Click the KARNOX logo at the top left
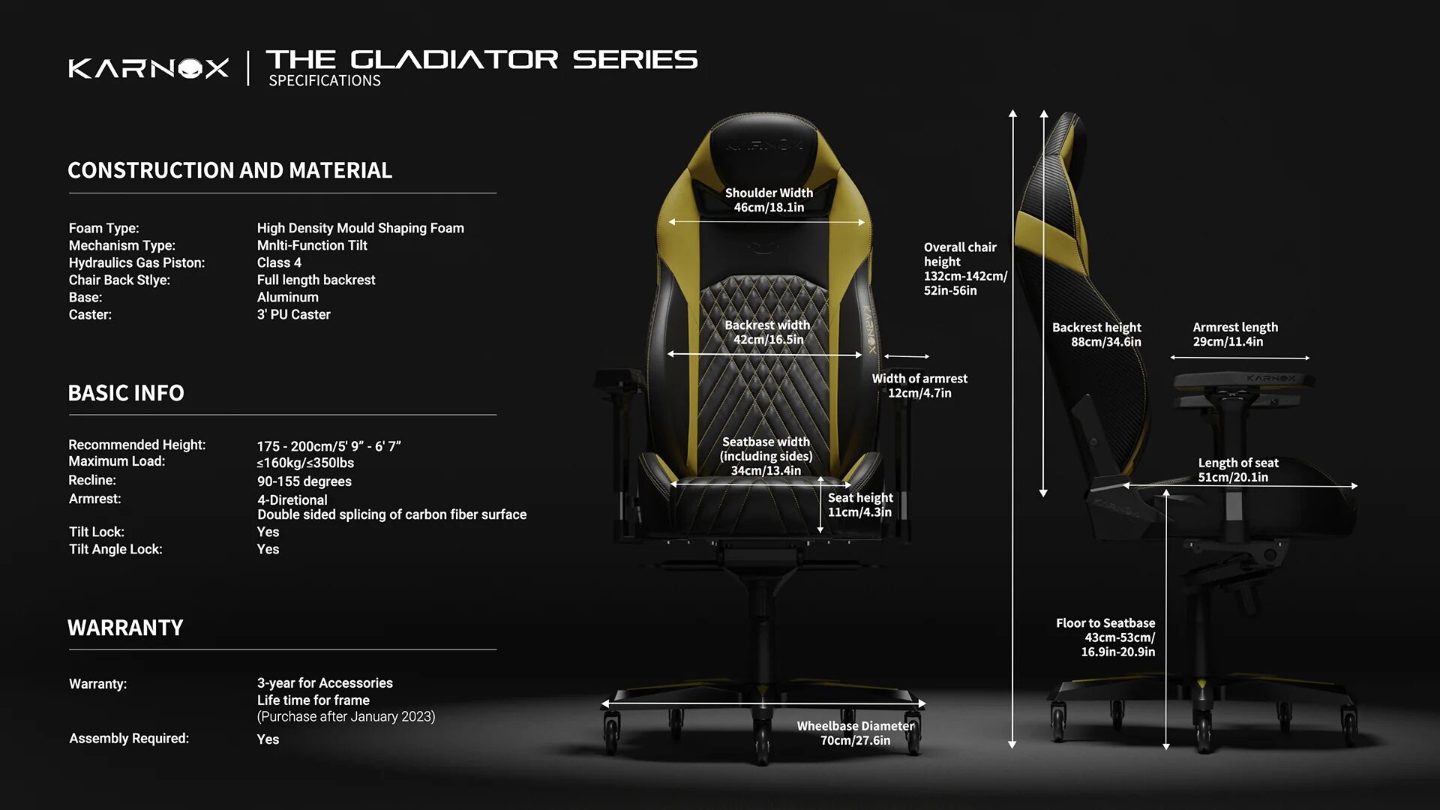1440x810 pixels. click(148, 68)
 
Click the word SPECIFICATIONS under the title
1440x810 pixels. click(325, 81)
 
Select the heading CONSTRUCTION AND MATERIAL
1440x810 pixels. click(229, 170)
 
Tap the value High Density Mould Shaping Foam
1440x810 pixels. click(360, 228)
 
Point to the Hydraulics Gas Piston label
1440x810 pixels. click(136, 262)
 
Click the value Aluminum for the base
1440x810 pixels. click(287, 297)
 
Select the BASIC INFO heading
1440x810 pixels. click(126, 393)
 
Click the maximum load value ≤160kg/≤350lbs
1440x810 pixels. click(305, 463)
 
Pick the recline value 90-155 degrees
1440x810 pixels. click(304, 481)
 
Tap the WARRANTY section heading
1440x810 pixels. click(125, 628)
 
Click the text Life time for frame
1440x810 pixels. click(313, 700)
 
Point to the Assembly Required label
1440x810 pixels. click(129, 739)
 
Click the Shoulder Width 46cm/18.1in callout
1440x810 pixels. click(769, 200)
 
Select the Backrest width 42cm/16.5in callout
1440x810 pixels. click(767, 332)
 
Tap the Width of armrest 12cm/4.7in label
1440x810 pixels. click(919, 385)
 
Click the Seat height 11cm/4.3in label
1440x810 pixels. click(860, 505)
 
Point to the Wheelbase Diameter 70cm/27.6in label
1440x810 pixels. click(855, 733)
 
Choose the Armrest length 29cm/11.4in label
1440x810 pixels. click(1234, 334)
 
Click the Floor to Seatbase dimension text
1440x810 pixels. click(1106, 637)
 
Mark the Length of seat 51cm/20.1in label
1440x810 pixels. click(1237, 470)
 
